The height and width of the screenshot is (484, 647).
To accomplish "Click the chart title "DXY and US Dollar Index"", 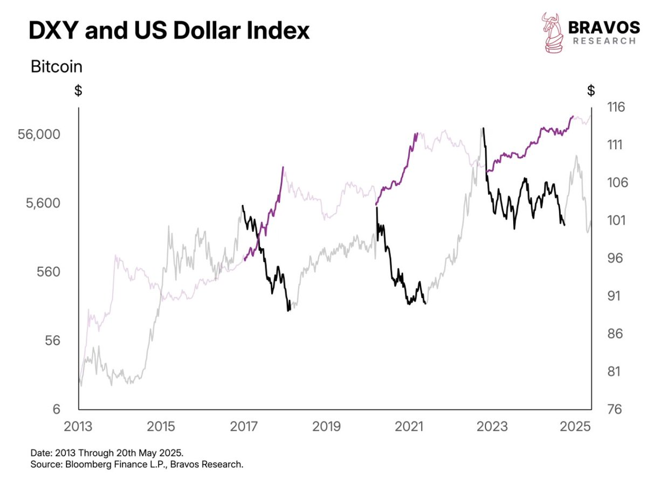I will [169, 31].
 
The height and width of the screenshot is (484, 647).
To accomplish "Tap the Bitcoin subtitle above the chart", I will [57, 67].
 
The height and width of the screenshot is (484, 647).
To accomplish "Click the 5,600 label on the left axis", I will [44, 204].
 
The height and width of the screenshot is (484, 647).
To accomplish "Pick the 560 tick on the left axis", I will [48, 272].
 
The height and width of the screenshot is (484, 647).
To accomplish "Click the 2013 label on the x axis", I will [79, 426].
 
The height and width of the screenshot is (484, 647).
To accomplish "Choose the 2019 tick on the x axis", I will [326, 426].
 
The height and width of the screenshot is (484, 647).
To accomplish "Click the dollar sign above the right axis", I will [592, 90].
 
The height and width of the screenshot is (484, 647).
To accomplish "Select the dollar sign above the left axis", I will [78, 90].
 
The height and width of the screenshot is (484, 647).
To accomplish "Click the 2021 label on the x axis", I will [409, 426].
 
